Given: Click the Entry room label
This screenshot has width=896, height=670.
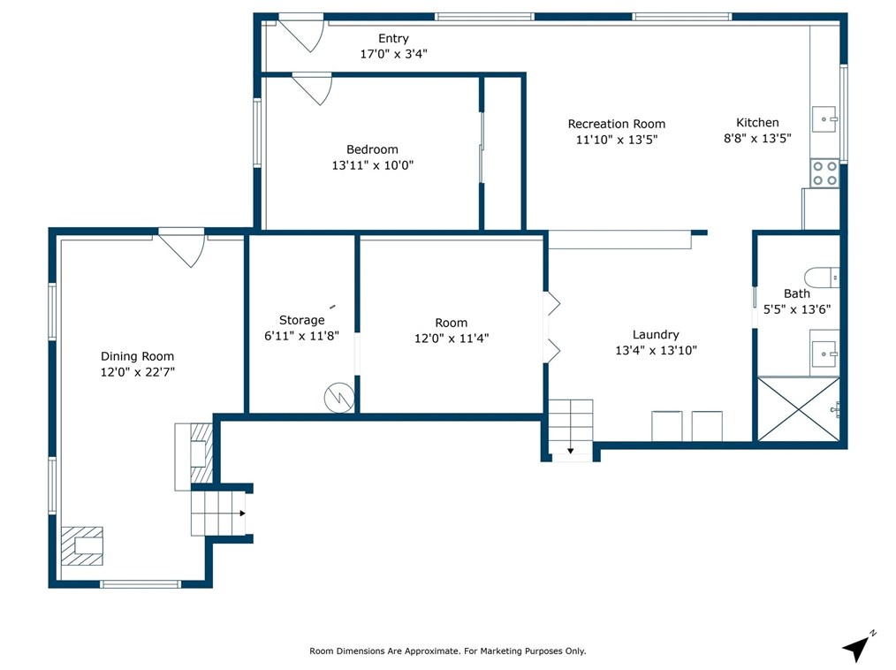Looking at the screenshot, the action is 393,38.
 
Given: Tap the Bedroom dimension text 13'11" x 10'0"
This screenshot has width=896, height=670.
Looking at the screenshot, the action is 373,165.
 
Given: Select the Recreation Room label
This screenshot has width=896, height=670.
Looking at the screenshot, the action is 617,124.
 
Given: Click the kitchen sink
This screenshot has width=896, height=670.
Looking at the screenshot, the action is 824,119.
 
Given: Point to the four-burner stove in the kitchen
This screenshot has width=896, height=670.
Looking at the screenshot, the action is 824,173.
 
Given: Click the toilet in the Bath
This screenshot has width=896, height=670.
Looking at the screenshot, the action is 822,278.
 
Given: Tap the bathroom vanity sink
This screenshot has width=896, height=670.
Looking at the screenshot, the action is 824,354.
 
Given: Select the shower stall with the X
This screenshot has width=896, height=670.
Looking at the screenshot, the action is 798,408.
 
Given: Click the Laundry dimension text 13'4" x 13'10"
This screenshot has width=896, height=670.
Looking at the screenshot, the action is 656,350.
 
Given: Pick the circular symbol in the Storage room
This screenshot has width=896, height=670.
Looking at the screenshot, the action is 338,397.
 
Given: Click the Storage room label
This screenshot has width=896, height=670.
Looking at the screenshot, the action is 301,320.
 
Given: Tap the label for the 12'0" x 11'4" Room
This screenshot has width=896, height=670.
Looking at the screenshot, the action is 452,323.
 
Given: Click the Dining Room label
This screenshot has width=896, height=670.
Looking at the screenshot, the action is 137,357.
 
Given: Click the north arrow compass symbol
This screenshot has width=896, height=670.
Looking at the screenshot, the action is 858,646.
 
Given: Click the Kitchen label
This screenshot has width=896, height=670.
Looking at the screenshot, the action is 757,122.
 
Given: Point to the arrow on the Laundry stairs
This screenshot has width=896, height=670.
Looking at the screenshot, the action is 570,451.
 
